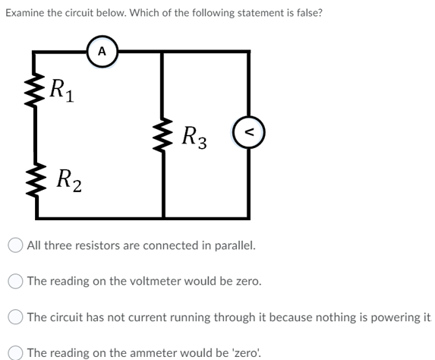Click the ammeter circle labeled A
click(102, 52)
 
